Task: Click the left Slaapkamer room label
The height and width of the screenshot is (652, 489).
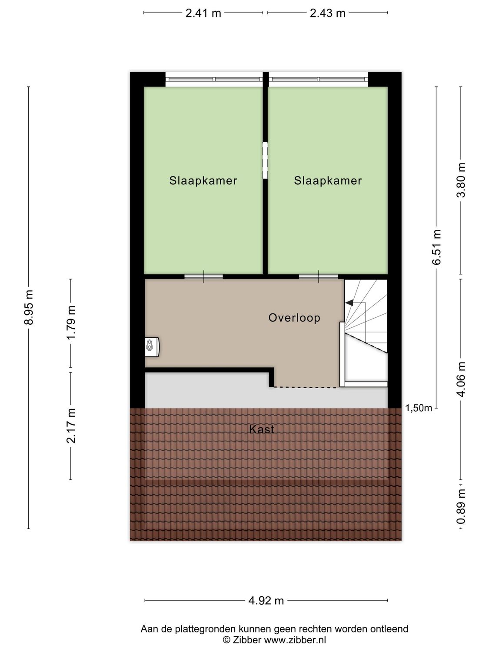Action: pos(203,181)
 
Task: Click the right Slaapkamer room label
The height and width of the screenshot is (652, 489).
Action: pos(328,181)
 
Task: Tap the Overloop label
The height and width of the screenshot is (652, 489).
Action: pos(294,318)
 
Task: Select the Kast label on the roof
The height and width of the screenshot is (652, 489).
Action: pos(262,429)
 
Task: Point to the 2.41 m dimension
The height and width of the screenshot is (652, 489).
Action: pos(203,13)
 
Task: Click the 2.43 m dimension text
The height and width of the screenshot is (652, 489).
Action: pos(327,13)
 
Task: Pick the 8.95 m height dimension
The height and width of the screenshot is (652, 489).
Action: pos(29,307)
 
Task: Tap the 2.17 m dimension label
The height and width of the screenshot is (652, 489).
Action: pos(71,426)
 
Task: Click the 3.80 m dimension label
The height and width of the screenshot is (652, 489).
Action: pos(461,180)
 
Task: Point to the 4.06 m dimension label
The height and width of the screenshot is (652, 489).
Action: pos(461,379)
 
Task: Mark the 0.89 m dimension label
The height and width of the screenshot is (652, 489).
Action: pos(461,507)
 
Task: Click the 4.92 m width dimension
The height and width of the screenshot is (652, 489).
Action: pos(266,601)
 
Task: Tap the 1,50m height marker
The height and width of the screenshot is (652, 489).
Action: pos(418,408)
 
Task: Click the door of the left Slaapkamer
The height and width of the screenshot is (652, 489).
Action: pos(203,276)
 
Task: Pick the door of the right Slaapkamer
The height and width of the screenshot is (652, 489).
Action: pos(318,276)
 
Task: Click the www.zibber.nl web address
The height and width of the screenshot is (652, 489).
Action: pos(295,640)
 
